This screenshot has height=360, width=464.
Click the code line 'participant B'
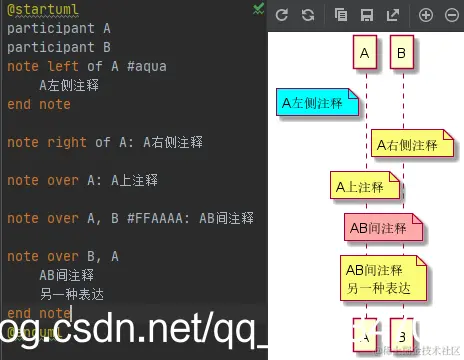[x=59, y=47]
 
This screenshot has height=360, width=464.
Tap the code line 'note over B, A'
[x=63, y=256]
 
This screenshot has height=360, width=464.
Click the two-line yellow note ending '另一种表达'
[x=385, y=278]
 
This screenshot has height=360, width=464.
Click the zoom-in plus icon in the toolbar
[x=426, y=14]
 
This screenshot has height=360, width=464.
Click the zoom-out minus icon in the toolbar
[x=451, y=14]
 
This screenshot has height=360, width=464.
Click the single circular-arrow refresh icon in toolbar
[x=282, y=14]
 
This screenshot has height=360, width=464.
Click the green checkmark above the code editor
[x=259, y=8]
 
